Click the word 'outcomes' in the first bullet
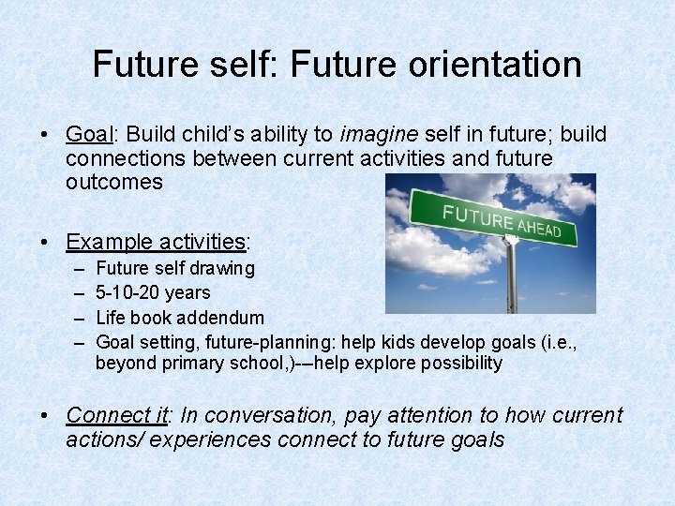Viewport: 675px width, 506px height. [113, 182]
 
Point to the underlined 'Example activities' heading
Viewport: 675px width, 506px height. [155, 241]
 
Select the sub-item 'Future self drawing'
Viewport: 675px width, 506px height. [174, 269]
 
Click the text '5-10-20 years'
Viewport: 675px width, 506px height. [153, 292]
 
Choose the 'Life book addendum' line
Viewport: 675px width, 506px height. [180, 318]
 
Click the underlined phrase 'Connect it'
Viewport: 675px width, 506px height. [118, 415]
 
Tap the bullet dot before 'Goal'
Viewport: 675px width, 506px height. [46, 135]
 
